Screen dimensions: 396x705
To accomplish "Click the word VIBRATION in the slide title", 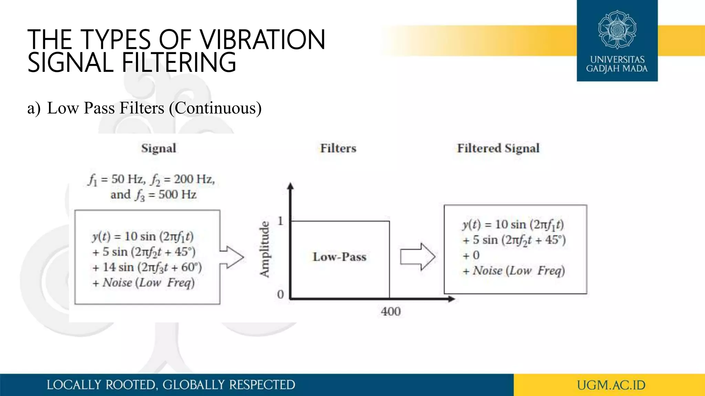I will [263, 40].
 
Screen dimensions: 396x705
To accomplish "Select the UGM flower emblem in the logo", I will [617, 30].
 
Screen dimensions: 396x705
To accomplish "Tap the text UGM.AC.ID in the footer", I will [611, 385].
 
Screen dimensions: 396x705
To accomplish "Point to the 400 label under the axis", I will [391, 312].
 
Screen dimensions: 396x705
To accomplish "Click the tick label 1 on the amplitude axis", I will [281, 221].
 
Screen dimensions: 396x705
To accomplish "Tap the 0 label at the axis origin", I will [281, 295].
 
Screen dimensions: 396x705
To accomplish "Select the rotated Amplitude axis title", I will [264, 249].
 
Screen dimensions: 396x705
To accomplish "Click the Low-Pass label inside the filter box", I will [339, 257].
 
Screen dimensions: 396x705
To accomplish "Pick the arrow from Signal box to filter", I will [232, 257].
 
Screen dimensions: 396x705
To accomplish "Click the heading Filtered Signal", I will [498, 148].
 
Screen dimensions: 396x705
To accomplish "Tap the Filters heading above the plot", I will [338, 148].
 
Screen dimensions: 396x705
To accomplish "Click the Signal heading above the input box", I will [159, 148].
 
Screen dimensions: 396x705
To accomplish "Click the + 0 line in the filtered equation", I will [471, 255].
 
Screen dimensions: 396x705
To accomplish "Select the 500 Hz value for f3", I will [177, 195].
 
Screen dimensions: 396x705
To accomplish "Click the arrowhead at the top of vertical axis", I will [291, 186].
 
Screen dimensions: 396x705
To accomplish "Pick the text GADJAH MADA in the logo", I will [617, 68].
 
